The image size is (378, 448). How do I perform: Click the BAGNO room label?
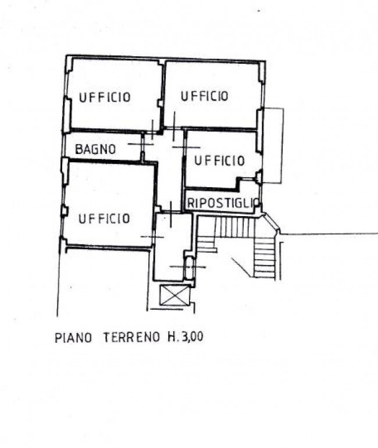tap(95, 149)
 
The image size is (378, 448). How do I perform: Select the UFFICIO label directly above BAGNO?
tap(105, 97)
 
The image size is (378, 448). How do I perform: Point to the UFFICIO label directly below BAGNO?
tap(104, 219)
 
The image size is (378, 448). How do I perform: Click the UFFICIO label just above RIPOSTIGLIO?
tap(220, 160)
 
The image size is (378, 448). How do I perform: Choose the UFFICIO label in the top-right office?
tap(205, 96)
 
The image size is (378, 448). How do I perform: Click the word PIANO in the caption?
tap(73, 338)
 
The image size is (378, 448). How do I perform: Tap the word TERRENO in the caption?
tap(131, 337)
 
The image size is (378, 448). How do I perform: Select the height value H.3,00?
tap(186, 337)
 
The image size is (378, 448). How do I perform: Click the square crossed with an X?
tap(174, 295)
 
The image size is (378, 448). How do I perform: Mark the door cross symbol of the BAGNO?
tap(141, 144)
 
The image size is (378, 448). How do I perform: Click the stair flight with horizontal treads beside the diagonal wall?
tap(265, 258)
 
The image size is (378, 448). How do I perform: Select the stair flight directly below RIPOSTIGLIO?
tap(234, 227)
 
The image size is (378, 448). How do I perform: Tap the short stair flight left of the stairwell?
tap(206, 243)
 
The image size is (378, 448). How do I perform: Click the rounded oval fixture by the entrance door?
tap(189, 268)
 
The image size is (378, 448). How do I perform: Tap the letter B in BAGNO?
tap(79, 149)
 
